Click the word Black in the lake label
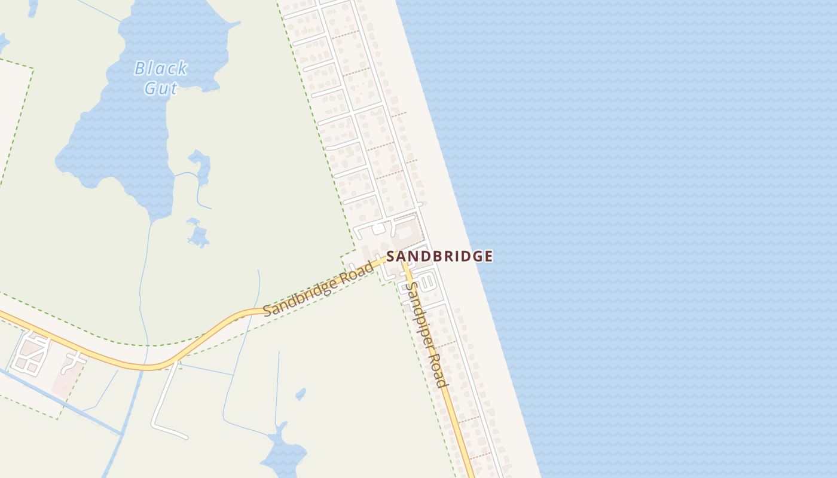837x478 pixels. [x=161, y=69]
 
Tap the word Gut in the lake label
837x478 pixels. [x=161, y=89]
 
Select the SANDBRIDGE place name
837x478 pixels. [x=439, y=256]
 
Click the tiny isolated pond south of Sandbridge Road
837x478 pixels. [x=301, y=394]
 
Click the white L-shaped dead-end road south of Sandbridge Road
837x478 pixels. [x=161, y=412]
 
